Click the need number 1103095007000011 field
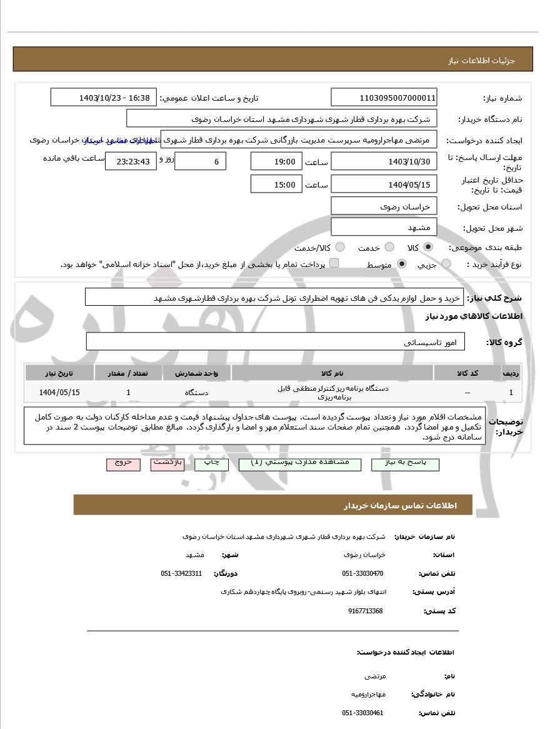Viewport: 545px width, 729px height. pos(384,98)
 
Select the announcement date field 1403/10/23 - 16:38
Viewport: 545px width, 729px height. pos(103,98)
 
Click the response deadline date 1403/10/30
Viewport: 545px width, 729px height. pos(384,161)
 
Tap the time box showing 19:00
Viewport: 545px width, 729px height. pos(276,161)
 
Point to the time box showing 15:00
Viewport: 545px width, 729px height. pos(276,184)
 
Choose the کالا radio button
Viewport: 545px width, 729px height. pos(428,247)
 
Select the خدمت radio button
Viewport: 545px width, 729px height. pos(389,247)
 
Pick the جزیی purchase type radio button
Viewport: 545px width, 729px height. pos(446,264)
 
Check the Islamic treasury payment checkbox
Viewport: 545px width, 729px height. pos(334,263)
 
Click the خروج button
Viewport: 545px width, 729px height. pos(123,463)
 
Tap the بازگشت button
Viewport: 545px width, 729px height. pos(167,463)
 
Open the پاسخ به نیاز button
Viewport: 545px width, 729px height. pos(405,463)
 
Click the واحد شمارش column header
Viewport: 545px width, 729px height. pos(196,373)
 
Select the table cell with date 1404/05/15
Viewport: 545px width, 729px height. pos(59,392)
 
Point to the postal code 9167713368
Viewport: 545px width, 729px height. pos(366,611)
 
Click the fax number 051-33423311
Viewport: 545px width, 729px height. pos(182,573)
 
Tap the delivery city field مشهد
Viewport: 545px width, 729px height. pos(384,227)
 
